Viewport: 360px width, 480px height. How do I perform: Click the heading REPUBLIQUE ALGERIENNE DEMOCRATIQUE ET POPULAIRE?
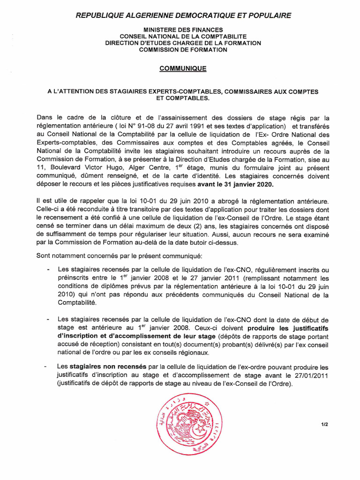(183, 15)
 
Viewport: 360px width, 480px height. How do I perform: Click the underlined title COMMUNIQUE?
(183, 68)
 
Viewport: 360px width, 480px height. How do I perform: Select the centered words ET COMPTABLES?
(183, 98)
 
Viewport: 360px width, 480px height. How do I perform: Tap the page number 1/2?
(324, 425)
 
